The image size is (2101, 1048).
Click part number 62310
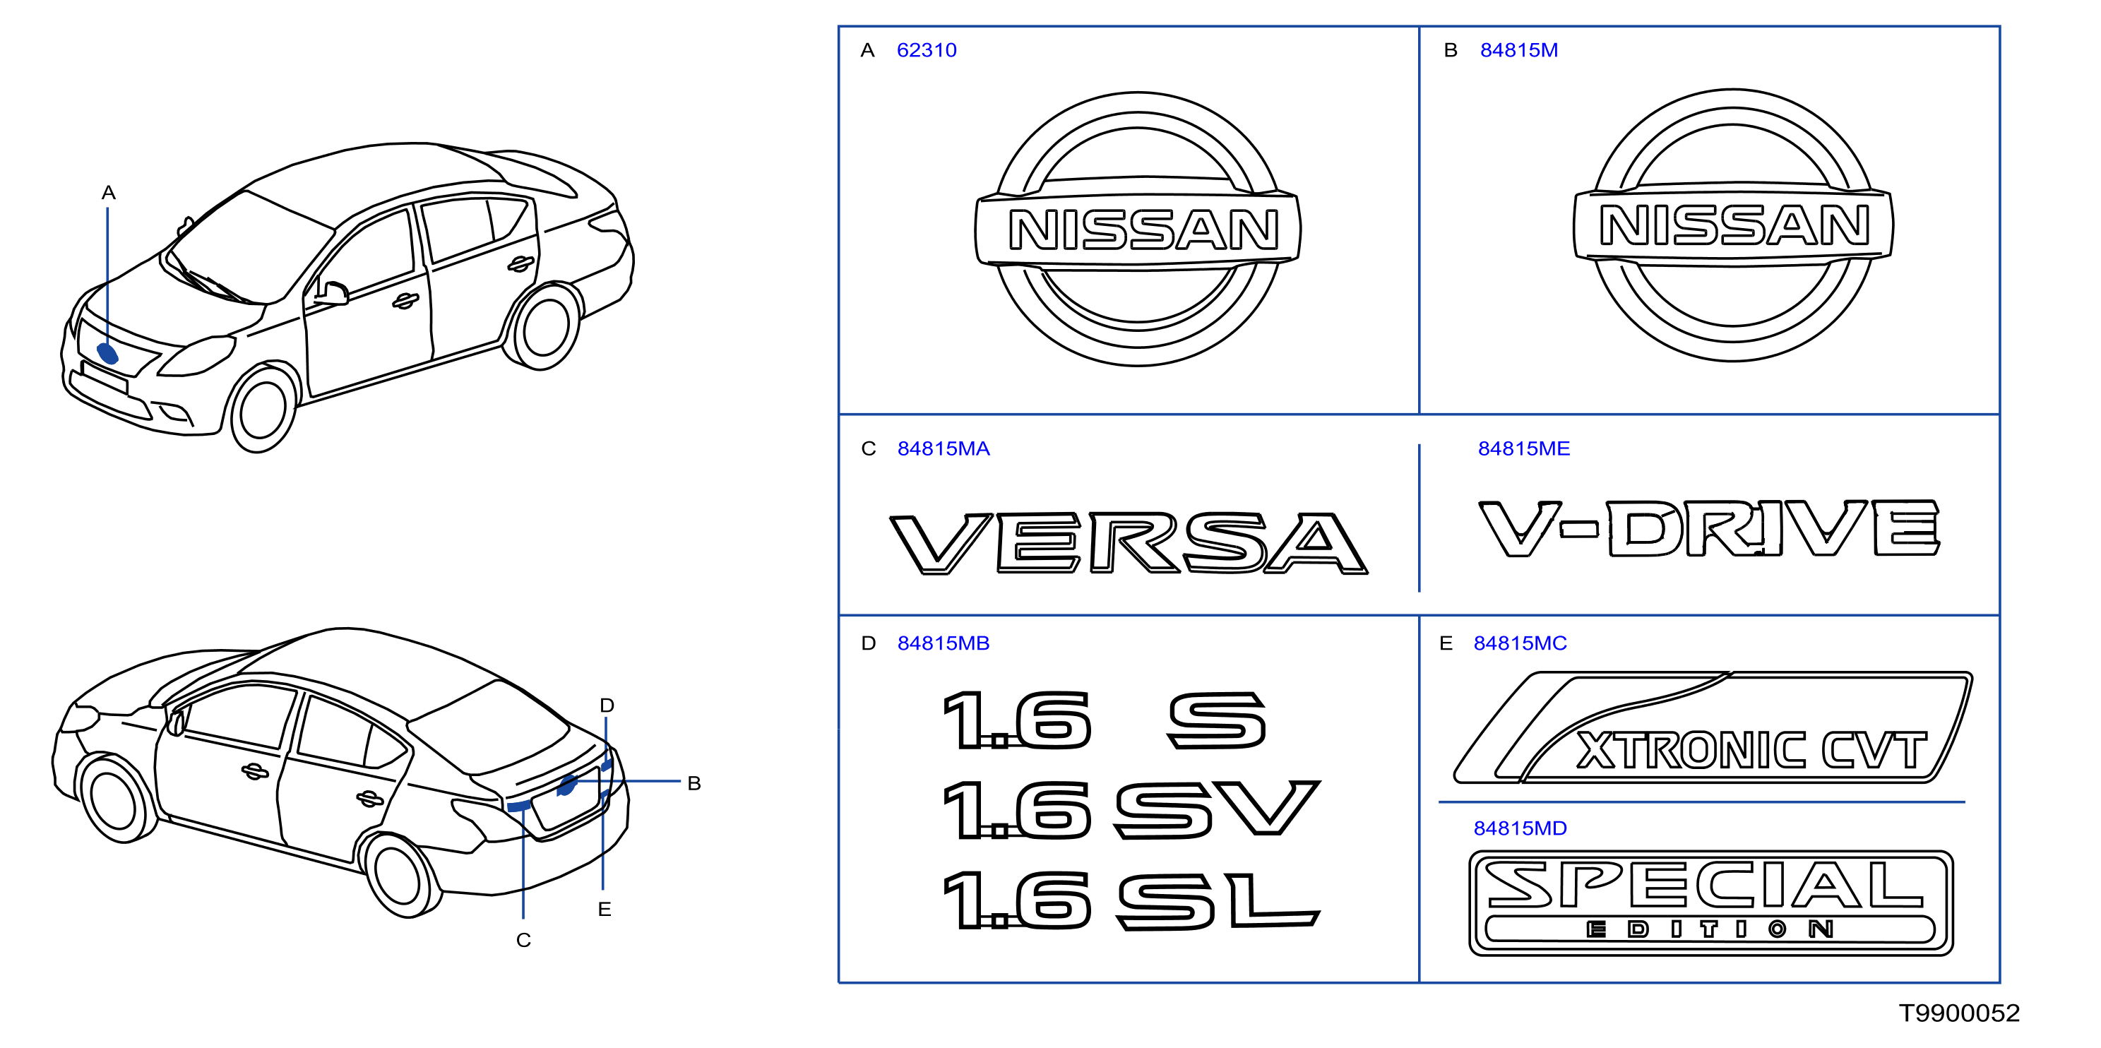click(x=926, y=51)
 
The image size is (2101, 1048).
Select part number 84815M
click(x=1518, y=51)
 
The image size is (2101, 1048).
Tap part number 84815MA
click(x=944, y=448)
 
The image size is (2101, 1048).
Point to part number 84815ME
click(x=1523, y=448)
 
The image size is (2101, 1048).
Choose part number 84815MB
click(x=944, y=643)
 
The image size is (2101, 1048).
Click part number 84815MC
click(x=1520, y=643)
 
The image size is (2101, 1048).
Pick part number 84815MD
click(x=1520, y=828)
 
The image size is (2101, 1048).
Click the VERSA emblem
click(x=1129, y=543)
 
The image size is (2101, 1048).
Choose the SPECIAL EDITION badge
click(x=1710, y=903)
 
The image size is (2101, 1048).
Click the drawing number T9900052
click(x=1959, y=1013)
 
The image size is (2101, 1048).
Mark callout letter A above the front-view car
click(x=109, y=193)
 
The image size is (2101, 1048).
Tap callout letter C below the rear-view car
click(x=523, y=941)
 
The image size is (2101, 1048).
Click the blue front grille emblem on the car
click(x=107, y=354)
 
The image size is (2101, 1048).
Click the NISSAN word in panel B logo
click(x=1734, y=226)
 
